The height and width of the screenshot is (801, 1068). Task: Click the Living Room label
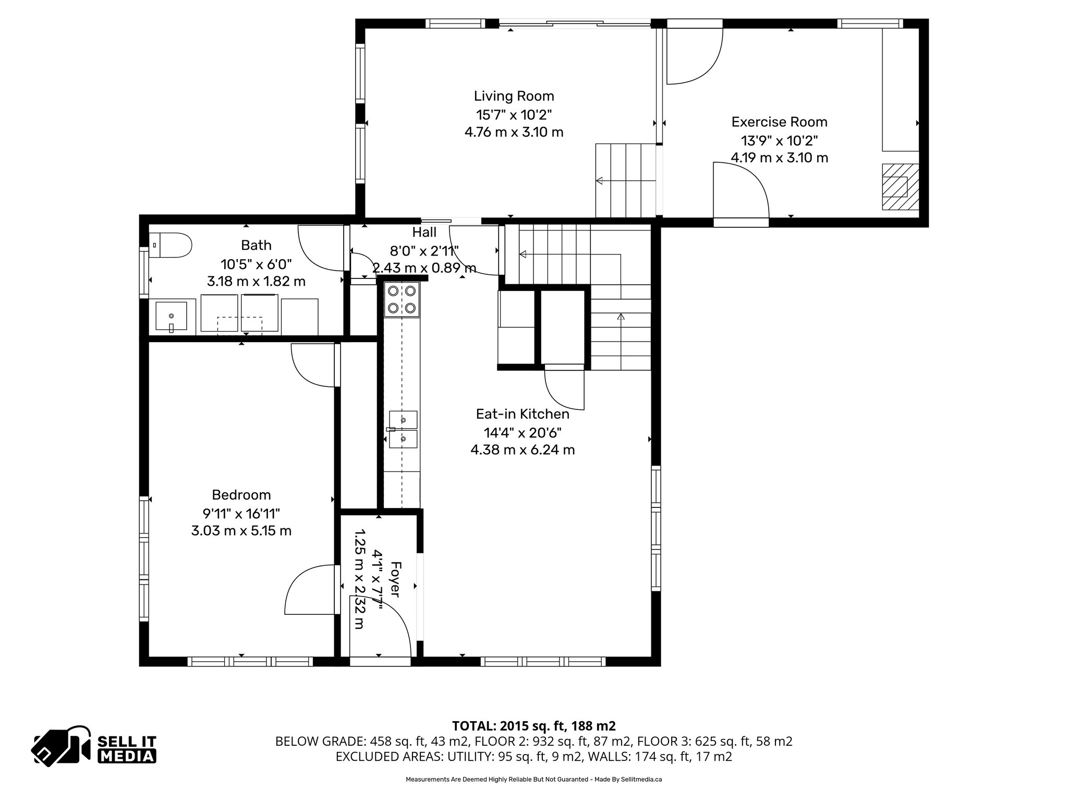pyautogui.click(x=514, y=96)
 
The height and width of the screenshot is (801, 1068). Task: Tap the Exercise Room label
pyautogui.click(x=779, y=122)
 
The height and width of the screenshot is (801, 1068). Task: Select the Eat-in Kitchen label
pyautogui.click(x=523, y=414)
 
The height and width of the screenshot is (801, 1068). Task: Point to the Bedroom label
pyautogui.click(x=241, y=494)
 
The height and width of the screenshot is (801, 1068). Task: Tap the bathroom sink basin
pyautogui.click(x=171, y=317)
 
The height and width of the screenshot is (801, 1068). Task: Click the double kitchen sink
pyautogui.click(x=403, y=429)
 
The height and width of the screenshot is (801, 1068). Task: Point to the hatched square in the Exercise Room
pyautogui.click(x=900, y=186)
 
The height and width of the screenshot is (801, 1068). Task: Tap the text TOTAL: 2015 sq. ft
pyautogui.click(x=533, y=726)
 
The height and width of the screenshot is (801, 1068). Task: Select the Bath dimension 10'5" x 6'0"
pyautogui.click(x=256, y=263)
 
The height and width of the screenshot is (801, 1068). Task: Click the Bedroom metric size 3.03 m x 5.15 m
pyautogui.click(x=241, y=531)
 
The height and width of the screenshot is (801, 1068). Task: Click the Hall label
pyautogui.click(x=424, y=232)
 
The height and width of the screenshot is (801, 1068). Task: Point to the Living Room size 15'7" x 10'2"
pyautogui.click(x=514, y=114)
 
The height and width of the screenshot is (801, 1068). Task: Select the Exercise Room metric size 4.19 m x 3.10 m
pyautogui.click(x=779, y=157)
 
